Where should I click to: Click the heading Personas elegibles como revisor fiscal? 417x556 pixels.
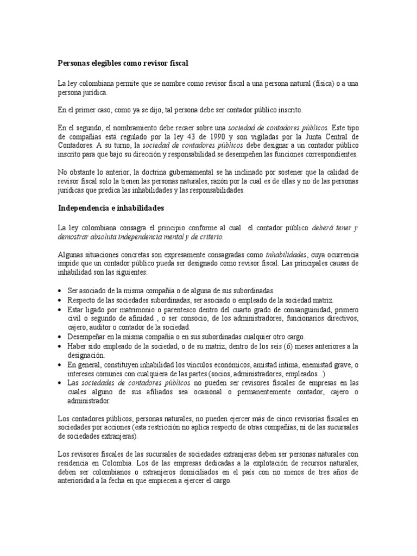coord(123,63)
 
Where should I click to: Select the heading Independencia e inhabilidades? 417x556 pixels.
coord(111,208)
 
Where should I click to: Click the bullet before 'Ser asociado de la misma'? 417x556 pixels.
coord(60,291)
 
